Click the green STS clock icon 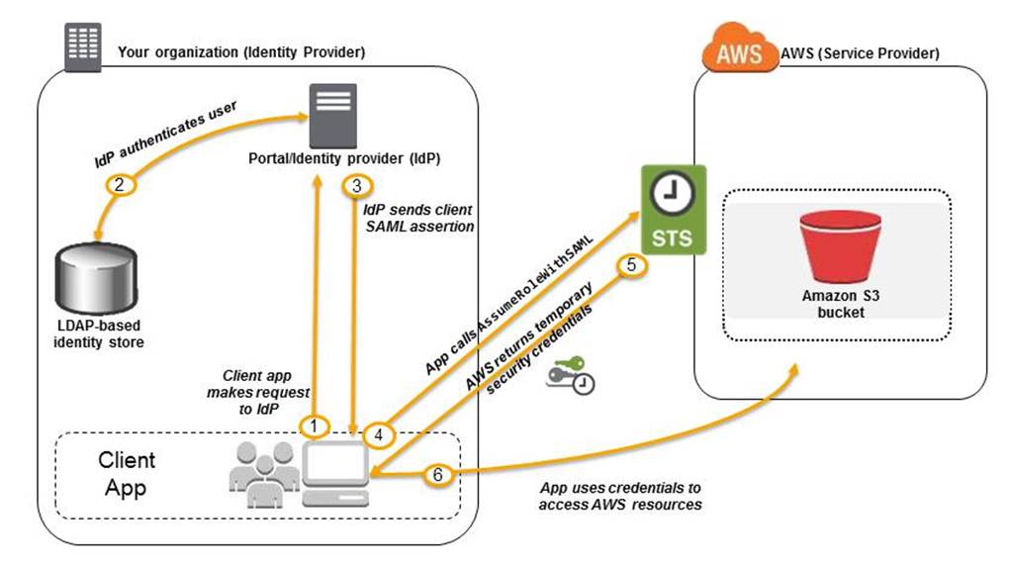coord(676,211)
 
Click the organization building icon coord(82,46)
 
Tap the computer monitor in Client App coord(334,474)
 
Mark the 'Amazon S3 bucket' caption coord(833,304)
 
